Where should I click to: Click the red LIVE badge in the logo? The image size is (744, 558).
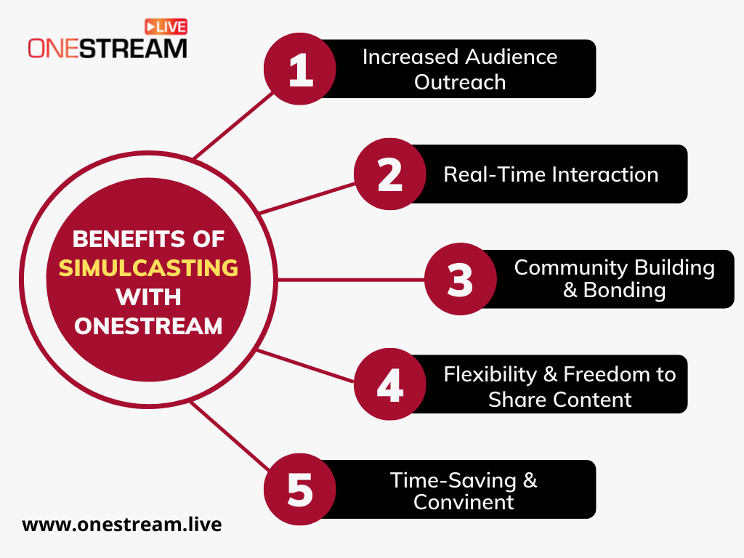point(166,27)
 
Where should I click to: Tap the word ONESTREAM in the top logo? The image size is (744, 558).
point(108,49)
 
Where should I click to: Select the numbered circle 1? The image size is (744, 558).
point(300,69)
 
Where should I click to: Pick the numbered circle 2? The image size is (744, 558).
point(390,174)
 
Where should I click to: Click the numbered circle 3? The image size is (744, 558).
point(460,279)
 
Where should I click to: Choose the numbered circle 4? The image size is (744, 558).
point(390,384)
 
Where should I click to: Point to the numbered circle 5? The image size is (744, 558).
point(300,489)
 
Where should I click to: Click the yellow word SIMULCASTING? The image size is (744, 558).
point(148,268)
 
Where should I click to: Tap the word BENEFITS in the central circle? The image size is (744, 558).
point(122,238)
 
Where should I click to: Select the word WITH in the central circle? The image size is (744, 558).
point(148,297)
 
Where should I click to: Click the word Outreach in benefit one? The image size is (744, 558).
point(460,82)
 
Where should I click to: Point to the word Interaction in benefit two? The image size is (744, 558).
point(604,174)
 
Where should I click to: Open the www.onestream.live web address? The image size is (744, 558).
point(122,525)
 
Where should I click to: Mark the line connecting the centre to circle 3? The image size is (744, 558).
point(351,280)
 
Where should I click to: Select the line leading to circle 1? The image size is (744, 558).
point(233,125)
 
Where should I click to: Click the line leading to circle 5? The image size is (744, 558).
point(230,436)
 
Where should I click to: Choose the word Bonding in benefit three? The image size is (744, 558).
point(624,291)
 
